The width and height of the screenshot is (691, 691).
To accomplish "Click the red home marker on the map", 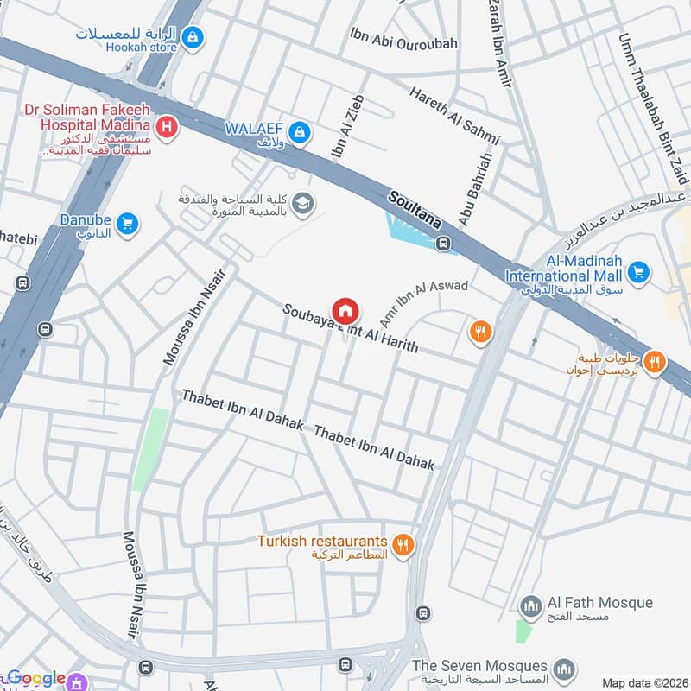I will click(x=345, y=309).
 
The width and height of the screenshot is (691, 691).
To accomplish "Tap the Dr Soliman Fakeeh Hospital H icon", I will click(x=168, y=129).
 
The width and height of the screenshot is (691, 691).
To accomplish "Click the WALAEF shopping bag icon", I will click(x=300, y=131).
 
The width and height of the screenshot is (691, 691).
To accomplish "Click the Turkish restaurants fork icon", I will click(x=402, y=545).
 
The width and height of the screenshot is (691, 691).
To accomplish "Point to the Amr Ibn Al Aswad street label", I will click(x=424, y=301).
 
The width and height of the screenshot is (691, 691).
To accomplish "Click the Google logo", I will click(x=36, y=679).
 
